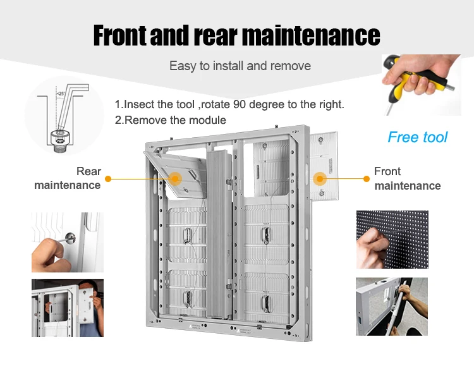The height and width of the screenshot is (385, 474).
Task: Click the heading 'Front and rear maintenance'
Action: [x=236, y=35]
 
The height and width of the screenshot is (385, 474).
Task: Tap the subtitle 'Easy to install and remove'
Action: [x=240, y=66]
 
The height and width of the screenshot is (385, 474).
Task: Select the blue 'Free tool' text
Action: [x=417, y=137]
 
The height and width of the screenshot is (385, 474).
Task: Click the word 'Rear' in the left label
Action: [x=88, y=171]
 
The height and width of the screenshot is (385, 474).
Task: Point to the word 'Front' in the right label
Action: [x=387, y=171]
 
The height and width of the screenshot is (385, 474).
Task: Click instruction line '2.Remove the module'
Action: [x=171, y=120]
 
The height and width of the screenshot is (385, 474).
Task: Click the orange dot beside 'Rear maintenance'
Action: [x=108, y=179]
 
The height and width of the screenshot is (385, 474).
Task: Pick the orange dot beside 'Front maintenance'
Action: [x=367, y=179]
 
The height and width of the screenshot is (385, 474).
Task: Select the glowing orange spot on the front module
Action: [x=320, y=178]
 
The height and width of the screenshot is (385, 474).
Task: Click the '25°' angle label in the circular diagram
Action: [x=61, y=93]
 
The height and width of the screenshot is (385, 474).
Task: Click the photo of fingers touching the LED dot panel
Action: [x=392, y=239]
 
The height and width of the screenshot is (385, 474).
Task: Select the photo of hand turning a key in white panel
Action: [x=67, y=242]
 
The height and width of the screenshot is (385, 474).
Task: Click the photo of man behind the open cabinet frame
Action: [x=67, y=307]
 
